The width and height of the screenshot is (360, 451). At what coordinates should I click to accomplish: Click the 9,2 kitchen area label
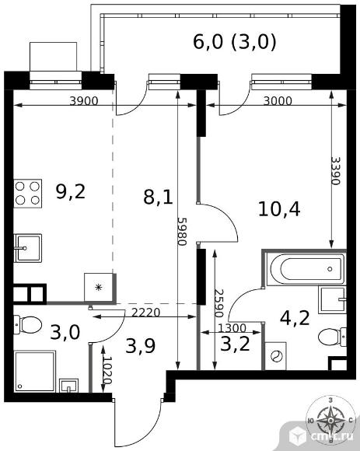pos(71,192)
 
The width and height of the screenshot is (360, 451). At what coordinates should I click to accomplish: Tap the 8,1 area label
pos(158,198)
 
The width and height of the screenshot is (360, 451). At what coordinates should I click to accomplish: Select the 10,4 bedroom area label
pos(279,209)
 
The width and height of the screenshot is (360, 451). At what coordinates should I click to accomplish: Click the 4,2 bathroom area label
pos(295,318)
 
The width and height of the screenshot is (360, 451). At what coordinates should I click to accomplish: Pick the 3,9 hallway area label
pos(141,345)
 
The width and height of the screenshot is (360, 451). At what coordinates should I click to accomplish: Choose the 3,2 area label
pos(235,344)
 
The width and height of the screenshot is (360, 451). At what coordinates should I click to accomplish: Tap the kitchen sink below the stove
pos(28,248)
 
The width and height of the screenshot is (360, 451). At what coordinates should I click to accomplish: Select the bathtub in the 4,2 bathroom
pos(306,269)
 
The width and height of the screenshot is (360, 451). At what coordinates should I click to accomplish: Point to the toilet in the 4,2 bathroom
pos(332,337)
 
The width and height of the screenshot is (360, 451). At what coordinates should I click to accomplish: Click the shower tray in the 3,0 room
pos(35,371)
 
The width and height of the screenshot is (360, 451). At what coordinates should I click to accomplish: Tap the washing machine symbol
pos(275,356)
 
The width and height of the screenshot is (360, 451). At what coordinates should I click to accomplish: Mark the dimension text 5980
pos(182,231)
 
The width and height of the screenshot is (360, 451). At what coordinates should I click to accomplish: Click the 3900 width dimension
pos(84,100)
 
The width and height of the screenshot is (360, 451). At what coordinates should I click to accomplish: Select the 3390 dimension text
pos(336,170)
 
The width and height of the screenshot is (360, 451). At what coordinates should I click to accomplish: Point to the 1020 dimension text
pos(107,371)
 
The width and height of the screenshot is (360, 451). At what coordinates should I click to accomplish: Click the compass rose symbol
pos(330,421)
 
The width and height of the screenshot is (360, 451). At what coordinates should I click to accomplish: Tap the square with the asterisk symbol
pos(99,287)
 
